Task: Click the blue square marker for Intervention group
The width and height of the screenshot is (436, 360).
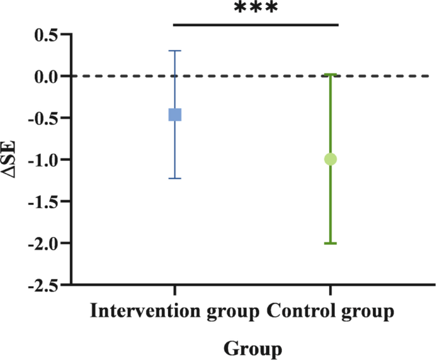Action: (174, 114)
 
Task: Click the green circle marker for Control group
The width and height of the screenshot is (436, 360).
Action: (330, 159)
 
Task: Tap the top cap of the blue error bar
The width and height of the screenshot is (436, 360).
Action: (174, 50)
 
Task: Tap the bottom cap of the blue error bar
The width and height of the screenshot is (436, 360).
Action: (174, 179)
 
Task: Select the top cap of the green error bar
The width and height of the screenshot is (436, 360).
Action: (330, 74)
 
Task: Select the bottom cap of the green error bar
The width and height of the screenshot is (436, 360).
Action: (330, 244)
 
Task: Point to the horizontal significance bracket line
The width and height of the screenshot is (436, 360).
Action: (256, 25)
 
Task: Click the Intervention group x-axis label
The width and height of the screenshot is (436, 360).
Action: (175, 312)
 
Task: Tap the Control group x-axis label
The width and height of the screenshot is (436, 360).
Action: (331, 312)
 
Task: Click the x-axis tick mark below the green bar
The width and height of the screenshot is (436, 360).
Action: (330, 291)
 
